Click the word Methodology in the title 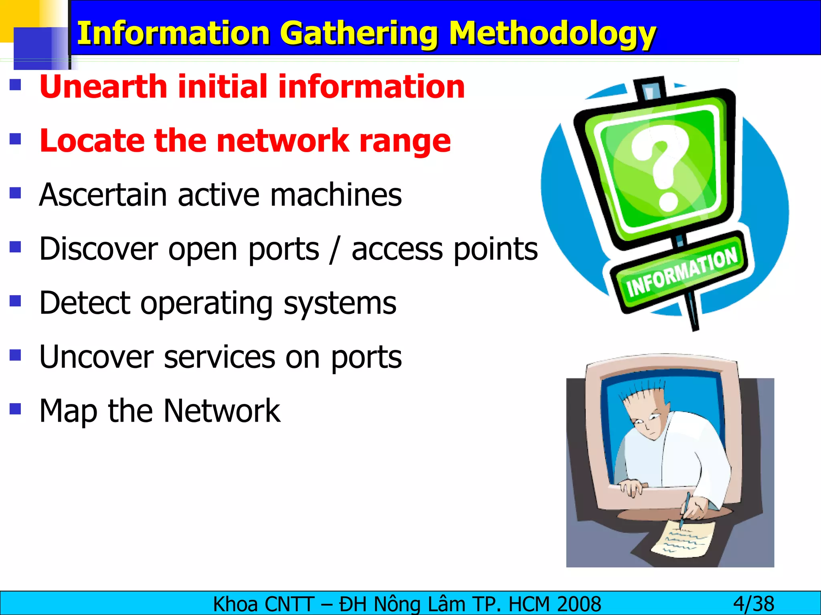552,34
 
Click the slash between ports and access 335,249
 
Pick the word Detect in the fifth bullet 85,303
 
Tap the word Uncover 96,357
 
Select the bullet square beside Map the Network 15,409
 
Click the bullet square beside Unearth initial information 15,85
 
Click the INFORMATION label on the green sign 681,272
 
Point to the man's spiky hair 641,396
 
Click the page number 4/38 754,604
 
